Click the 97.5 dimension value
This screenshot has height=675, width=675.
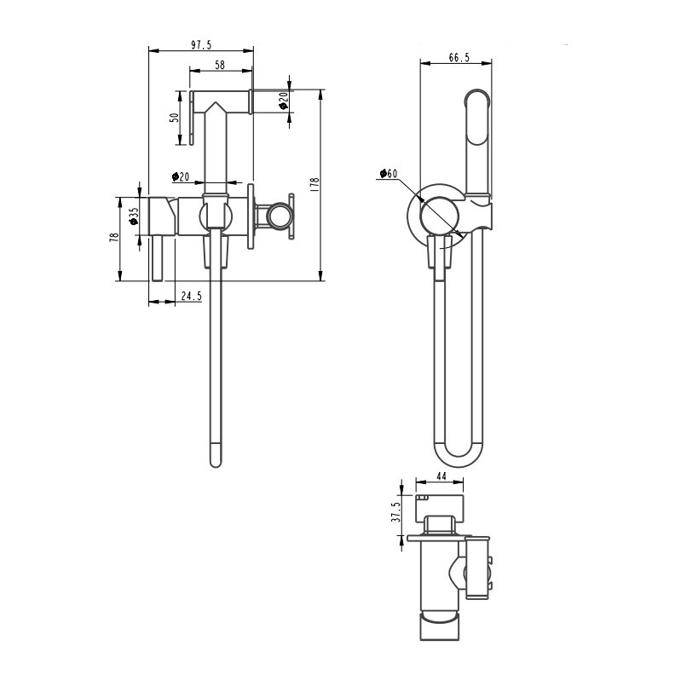pos(201,45)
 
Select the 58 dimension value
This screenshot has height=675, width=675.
pos(220,65)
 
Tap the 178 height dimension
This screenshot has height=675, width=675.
pos(314,184)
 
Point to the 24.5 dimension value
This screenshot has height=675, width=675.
pos(191,297)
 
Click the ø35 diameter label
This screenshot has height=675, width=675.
pos(134,216)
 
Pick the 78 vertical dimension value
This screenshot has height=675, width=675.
pos(114,238)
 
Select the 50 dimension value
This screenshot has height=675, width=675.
pos(175,117)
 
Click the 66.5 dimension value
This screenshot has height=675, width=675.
pos(459,57)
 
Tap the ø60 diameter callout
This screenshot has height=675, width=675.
pos(389,173)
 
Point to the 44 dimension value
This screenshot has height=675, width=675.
pos(441,476)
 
